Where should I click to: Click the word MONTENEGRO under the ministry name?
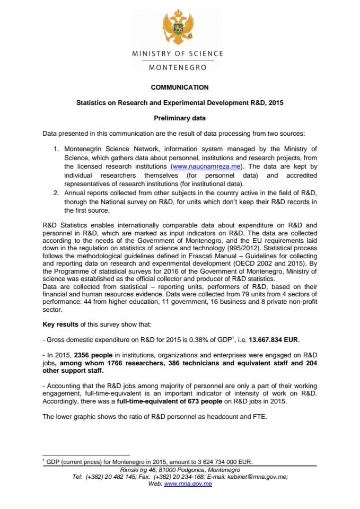178,67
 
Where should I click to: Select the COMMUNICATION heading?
180,87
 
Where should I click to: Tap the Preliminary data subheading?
180,118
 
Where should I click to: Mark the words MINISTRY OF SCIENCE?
178,54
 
